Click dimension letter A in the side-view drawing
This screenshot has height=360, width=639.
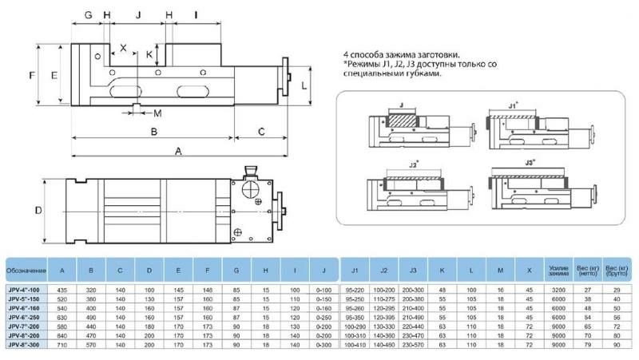178,149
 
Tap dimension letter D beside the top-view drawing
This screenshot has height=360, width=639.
38,211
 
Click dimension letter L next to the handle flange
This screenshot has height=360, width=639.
305,83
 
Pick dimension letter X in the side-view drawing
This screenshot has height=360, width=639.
123,48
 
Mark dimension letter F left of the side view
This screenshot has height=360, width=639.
31,75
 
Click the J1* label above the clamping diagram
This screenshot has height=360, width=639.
513,105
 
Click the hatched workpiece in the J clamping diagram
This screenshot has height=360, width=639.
402,121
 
